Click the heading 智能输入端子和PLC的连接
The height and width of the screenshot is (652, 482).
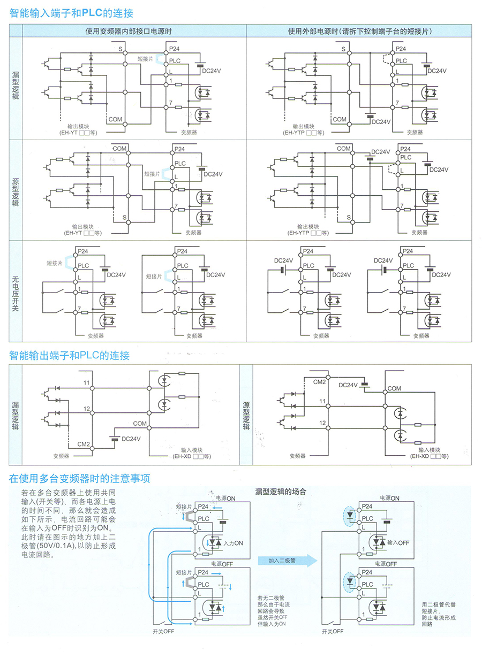pyautogui.click(x=71, y=13)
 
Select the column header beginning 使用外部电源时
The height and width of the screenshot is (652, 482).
pyautogui.click(x=359, y=31)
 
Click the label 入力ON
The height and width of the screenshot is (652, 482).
pyautogui.click(x=234, y=543)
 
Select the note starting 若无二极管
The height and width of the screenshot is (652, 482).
pyautogui.click(x=273, y=610)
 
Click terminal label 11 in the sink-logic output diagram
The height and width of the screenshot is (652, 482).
pyautogui.click(x=86, y=382)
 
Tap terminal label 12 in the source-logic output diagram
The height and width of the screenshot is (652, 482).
pyautogui.click(x=322, y=423)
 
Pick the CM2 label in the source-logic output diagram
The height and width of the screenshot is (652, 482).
pyautogui.click(x=319, y=381)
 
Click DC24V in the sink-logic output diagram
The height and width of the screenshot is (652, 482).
pyautogui.click(x=131, y=439)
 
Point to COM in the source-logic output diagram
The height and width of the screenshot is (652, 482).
pyautogui.click(x=394, y=388)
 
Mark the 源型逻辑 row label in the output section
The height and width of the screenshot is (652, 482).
pyautogui.click(x=246, y=416)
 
